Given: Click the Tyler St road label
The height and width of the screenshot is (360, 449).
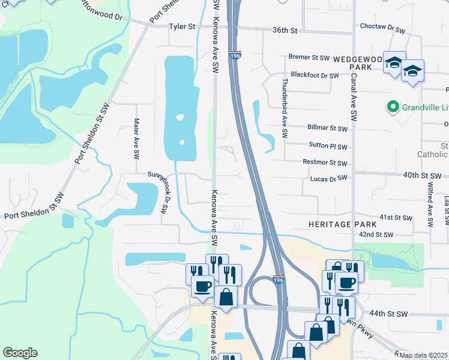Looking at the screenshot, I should pos(182,26).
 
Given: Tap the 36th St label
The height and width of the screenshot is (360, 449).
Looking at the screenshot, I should pos(285,30).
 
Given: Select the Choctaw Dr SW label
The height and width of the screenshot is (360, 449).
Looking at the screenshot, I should pos(382,27).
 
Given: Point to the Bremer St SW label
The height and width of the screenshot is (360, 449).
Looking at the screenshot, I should pos(309,58).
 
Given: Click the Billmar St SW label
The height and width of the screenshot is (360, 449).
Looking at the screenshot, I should pos(327,128).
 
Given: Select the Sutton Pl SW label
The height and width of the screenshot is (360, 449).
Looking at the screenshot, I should pos(328,145).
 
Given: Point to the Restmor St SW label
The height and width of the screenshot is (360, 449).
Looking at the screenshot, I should pos(325,163).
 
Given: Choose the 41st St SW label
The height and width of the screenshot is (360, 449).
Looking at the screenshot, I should pos(396,217).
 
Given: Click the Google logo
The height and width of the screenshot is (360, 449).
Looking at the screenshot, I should pos(20,353).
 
